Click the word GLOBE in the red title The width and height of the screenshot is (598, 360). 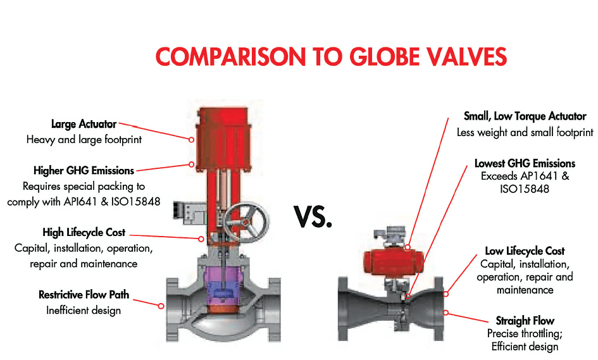pos(385,56)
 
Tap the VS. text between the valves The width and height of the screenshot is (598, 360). pos(313,216)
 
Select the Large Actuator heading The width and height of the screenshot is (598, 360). pos(84,124)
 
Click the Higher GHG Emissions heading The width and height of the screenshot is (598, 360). pos(84,170)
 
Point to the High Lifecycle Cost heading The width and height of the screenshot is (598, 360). pos(84,232)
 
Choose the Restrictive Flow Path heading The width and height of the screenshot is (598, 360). pos(84,294)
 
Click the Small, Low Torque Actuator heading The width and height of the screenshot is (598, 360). pos(525,116)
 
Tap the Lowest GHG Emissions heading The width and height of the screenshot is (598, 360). pos(525,163)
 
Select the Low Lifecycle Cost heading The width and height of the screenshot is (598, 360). pos(525,251)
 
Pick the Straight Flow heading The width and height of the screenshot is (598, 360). pos(525,321)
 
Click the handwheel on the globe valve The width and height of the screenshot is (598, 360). pos(246,221)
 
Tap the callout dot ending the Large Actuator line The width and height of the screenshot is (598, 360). pos(192,140)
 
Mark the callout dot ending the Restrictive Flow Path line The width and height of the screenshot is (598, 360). pos(161,306)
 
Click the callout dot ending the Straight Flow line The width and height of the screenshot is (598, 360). pos(445,313)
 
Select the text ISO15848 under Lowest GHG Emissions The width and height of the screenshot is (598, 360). pos(525,189)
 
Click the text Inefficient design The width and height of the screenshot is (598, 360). pos(84,311)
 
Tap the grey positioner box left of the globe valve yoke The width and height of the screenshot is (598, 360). pos(190,213)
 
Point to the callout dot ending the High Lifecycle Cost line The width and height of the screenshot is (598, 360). pos(201,239)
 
